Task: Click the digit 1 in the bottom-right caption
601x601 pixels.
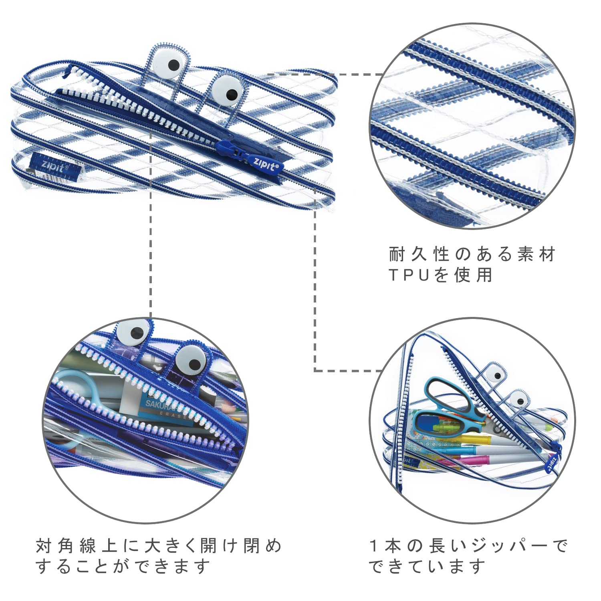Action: click(x=374, y=545)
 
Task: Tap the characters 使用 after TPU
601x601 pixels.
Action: click(x=474, y=275)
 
